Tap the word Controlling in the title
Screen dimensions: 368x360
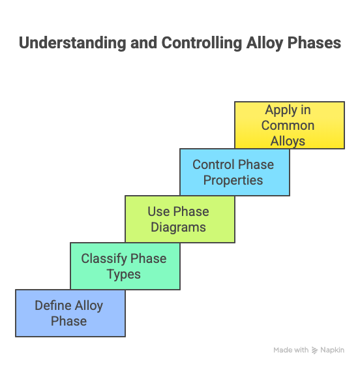click(x=196, y=43)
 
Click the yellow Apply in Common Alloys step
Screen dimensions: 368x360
click(x=289, y=125)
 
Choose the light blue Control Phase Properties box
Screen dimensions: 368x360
click(x=234, y=172)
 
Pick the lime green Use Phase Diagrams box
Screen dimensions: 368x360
click(x=179, y=219)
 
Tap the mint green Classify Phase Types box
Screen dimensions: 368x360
click(x=125, y=266)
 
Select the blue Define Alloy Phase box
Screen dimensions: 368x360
click(x=70, y=313)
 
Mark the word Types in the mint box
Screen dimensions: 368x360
click(x=124, y=274)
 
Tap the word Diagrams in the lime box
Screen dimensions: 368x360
click(x=179, y=227)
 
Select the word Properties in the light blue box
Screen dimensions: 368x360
click(x=233, y=180)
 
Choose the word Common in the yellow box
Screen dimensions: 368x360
click(x=288, y=125)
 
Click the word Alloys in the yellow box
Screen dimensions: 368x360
click(x=288, y=140)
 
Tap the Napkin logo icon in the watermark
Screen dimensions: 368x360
click(x=315, y=350)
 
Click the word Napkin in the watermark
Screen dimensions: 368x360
click(x=333, y=350)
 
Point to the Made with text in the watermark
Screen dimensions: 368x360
click(x=291, y=350)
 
